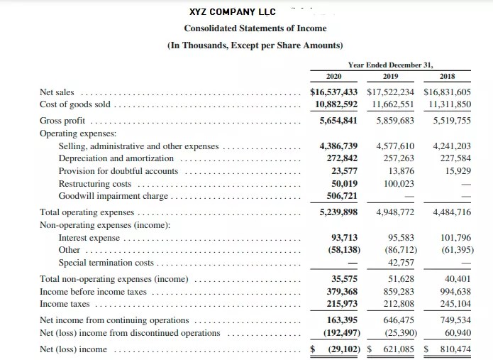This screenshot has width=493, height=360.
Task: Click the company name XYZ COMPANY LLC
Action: [x=233, y=12]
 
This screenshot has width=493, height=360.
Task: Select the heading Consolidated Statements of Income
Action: [x=255, y=28]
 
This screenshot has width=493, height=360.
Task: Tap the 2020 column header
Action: [x=333, y=76]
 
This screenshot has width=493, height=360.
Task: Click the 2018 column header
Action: [x=448, y=76]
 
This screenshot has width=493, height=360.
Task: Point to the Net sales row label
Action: [x=57, y=92]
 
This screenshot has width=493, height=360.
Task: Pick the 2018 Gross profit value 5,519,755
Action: [x=446, y=121]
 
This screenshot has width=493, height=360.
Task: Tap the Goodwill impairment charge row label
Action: [x=113, y=196]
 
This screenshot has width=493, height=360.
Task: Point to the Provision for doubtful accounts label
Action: [x=118, y=171]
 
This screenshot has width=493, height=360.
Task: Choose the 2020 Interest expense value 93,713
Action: [x=345, y=238]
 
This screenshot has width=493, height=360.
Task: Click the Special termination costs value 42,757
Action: [x=401, y=263]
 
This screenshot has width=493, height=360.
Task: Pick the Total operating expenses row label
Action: [x=87, y=212]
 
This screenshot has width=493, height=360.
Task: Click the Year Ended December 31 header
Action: [x=391, y=64]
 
